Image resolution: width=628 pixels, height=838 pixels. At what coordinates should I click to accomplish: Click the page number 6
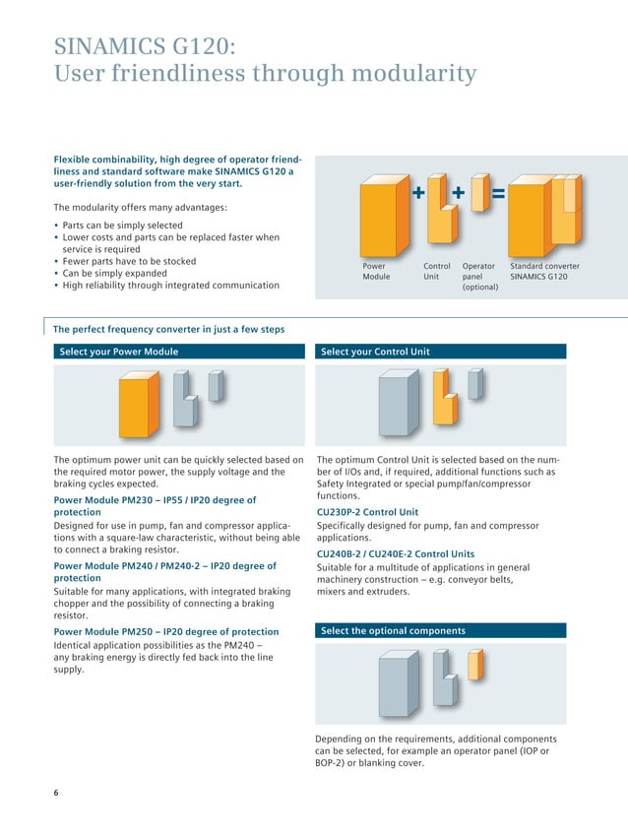tap(55, 795)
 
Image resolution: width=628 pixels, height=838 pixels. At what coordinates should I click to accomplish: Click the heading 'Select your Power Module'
tap(119, 352)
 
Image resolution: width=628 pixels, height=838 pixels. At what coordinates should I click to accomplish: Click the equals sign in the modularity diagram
tap(497, 194)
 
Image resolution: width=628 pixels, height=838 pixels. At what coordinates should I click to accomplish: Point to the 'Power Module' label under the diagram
tap(377, 272)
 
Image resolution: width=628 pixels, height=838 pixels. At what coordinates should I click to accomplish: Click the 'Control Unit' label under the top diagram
tap(436, 272)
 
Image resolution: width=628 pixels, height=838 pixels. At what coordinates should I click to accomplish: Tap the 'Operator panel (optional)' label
tap(479, 277)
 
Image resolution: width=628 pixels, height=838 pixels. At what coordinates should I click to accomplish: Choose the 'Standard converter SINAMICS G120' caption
tap(544, 272)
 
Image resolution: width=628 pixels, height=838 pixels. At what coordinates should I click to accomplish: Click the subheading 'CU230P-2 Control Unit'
tap(367, 512)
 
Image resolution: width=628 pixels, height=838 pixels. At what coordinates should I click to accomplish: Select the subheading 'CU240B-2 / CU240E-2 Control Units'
tap(395, 553)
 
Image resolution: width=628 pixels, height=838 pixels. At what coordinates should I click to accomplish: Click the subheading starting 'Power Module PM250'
tap(165, 631)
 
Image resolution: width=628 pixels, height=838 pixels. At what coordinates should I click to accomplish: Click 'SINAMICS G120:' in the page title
tap(145, 45)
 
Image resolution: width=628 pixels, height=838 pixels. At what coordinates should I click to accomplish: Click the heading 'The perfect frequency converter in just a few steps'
tap(168, 329)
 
